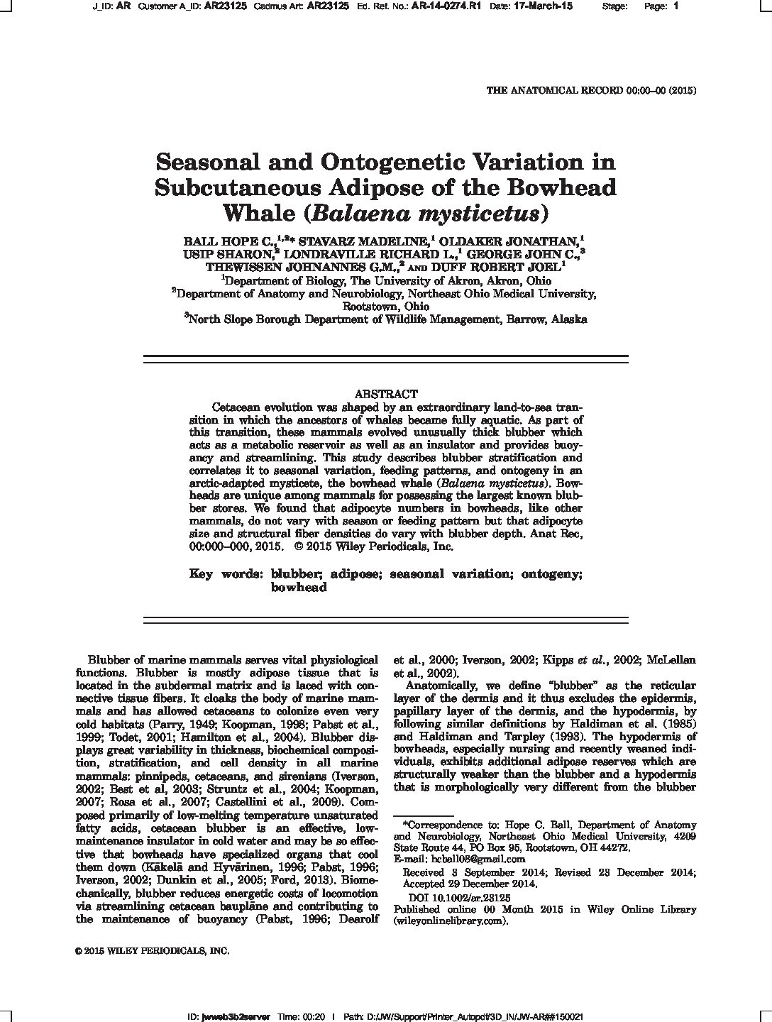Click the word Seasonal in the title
[210, 163]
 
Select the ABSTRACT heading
[385, 394]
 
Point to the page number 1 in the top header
[675, 6]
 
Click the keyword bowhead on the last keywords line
[298, 588]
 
